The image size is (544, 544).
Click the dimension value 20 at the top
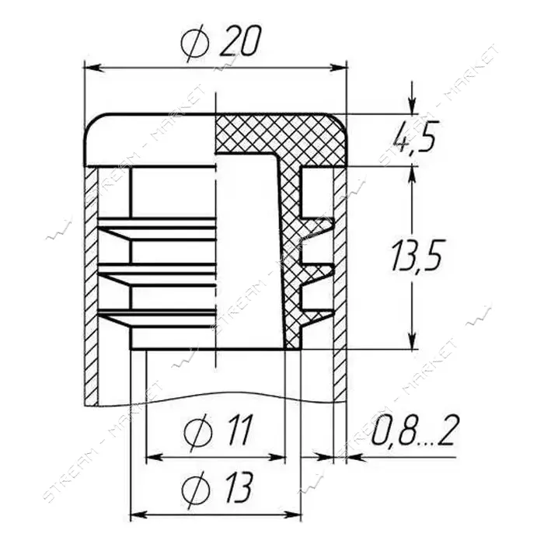click(239, 41)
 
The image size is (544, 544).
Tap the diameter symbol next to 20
click(194, 43)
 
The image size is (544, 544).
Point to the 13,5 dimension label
click(416, 256)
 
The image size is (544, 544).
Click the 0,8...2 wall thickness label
click(413, 431)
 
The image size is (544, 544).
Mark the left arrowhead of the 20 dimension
click(94, 68)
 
